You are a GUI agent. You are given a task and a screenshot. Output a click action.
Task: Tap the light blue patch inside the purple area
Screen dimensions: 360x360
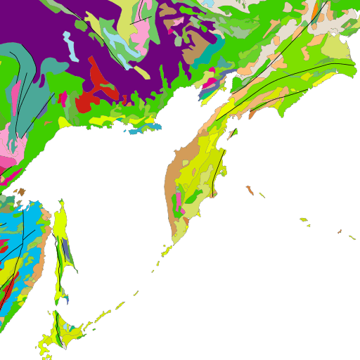(67, 36)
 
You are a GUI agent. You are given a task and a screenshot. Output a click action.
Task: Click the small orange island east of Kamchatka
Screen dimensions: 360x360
(250, 190)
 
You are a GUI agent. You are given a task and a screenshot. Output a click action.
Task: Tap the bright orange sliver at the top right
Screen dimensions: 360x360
(316, 11)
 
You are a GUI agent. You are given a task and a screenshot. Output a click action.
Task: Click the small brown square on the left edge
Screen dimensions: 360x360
(22, 191)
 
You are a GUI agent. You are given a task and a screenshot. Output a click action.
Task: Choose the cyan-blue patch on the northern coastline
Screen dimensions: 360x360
(134, 131)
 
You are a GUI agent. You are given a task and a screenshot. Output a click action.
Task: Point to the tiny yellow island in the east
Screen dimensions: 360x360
(304, 220)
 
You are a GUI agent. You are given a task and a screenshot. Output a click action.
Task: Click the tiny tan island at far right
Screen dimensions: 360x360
(340, 231)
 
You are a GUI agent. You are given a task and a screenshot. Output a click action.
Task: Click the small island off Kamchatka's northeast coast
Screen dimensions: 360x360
(233, 131)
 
